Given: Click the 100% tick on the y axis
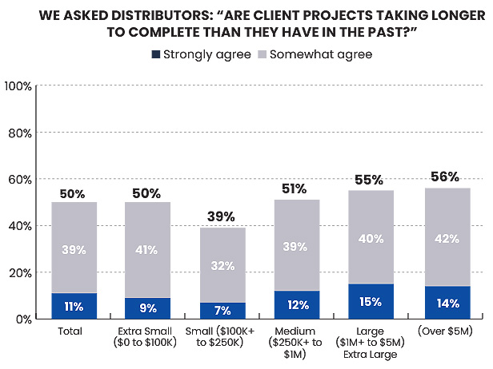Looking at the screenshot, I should coord(18,85).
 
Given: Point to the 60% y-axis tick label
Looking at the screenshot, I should coord(20,179).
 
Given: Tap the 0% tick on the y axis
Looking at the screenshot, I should coord(23,319).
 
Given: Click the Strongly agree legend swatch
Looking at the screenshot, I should coord(154,54).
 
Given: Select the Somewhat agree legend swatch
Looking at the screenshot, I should coord(261,54).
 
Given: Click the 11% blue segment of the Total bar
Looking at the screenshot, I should coord(74,305).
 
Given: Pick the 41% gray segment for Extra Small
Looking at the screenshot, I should coord(147,249).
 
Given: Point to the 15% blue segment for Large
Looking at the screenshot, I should coord(371,301).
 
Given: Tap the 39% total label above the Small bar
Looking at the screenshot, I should coord(221,216).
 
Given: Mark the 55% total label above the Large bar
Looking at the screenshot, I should coord(371,180).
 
